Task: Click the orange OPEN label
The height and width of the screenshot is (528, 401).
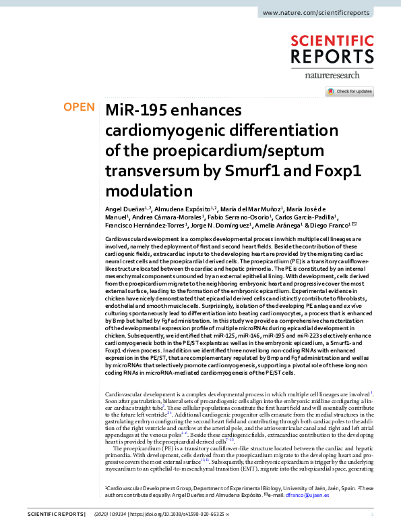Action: coord(79,107)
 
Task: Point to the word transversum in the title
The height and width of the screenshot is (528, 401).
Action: coord(148,170)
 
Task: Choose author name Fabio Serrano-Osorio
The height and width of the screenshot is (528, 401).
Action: coord(243,218)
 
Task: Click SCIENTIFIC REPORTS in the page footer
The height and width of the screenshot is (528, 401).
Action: coord(51,516)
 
